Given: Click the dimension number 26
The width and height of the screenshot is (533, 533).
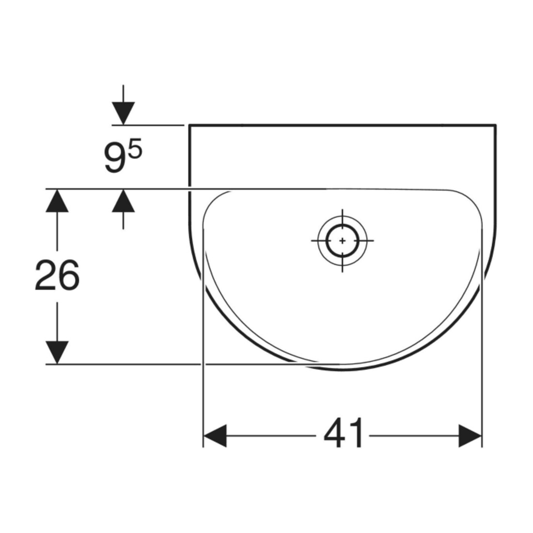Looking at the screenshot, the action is tap(57, 275).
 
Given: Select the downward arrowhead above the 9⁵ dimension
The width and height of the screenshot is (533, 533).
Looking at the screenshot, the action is tap(124, 113).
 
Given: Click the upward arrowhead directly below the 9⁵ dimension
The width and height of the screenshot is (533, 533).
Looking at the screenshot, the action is tap(124, 201).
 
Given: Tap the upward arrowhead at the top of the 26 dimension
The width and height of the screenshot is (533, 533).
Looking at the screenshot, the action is tap(57, 201).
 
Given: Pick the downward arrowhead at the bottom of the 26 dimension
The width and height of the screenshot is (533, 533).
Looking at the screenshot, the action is tap(57, 352).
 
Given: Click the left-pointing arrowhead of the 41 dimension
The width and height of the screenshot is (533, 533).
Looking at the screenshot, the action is tap(215, 436).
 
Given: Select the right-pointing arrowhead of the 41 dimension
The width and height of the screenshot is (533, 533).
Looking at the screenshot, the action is tap(470, 436).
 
